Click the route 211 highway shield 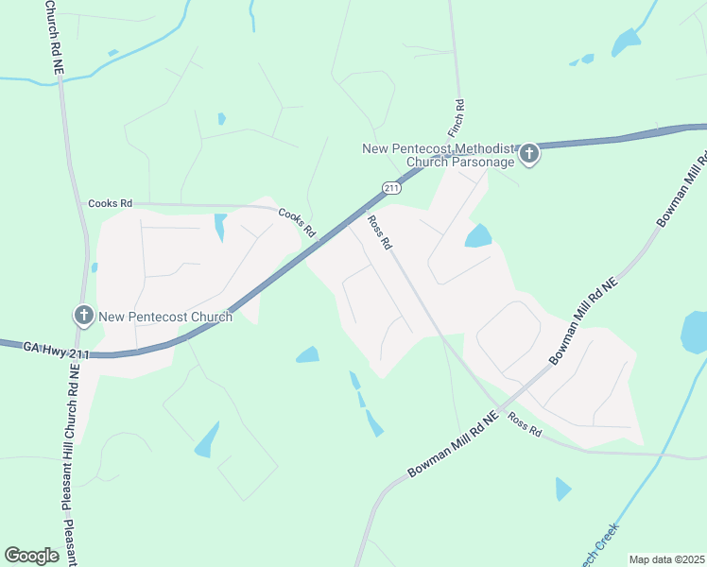pyautogui.click(x=391, y=188)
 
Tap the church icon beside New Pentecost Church pyautogui.click(x=83, y=315)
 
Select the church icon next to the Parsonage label pyautogui.click(x=529, y=153)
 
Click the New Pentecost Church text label pyautogui.click(x=165, y=317)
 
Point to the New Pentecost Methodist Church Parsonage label pyautogui.click(x=439, y=155)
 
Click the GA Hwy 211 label pyautogui.click(x=57, y=352)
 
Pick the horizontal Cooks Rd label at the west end pyautogui.click(x=110, y=203)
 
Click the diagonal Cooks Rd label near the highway pyautogui.click(x=296, y=223)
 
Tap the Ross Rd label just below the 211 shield pyautogui.click(x=380, y=232)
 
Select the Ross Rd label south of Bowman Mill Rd pyautogui.click(x=524, y=424)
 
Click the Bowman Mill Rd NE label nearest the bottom pyautogui.click(x=453, y=444)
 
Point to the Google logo pyautogui.click(x=31, y=555)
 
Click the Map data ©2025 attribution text pyautogui.click(x=666, y=559)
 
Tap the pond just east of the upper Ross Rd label pyautogui.click(x=478, y=235)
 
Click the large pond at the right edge pyautogui.click(x=695, y=332)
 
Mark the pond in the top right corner pyautogui.click(x=626, y=43)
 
